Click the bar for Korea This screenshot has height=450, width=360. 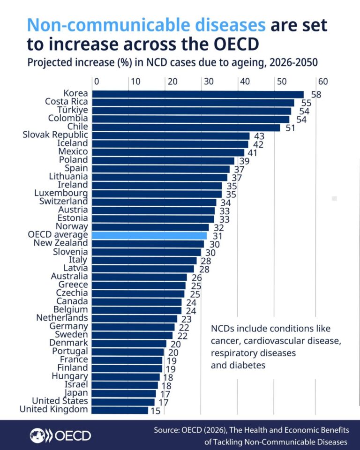(197, 94)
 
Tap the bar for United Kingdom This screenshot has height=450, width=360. (120, 410)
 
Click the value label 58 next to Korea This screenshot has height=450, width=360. (316, 95)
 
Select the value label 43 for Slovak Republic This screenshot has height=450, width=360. (259, 136)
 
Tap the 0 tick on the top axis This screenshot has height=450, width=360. (96, 81)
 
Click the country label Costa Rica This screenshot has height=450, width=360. (66, 101)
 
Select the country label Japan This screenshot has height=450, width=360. (76, 393)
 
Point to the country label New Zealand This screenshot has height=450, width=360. (60, 243)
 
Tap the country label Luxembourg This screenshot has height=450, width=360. (61, 193)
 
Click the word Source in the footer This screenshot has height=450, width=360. (167, 430)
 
